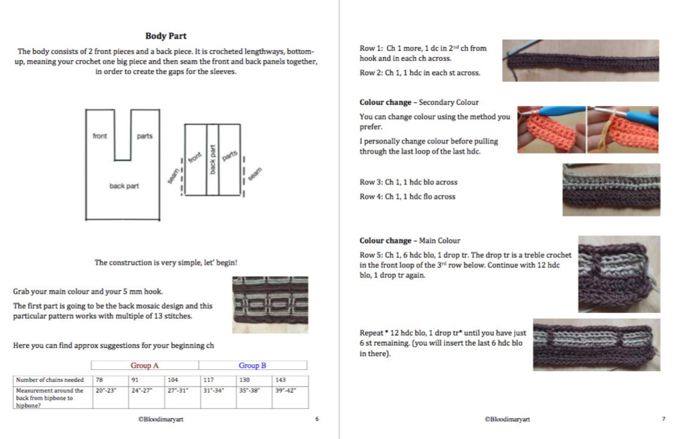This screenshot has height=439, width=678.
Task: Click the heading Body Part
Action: (165, 36)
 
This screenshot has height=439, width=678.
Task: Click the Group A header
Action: (145, 365)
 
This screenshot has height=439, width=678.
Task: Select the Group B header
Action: (253, 365)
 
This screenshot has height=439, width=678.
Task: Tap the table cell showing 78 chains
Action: (110, 380)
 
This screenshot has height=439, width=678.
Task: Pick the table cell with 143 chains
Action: (290, 380)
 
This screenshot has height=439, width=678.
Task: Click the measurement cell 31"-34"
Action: (218, 397)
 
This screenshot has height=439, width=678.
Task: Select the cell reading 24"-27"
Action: (146, 397)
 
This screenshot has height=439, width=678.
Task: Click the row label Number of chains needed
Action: (50, 380)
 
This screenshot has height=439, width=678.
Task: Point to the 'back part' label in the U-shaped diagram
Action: (124, 186)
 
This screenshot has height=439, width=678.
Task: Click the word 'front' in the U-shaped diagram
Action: (99, 136)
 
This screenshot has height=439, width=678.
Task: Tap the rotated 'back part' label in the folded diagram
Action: (212, 159)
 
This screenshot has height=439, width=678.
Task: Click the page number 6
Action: (317, 419)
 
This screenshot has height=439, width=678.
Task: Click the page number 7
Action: (664, 419)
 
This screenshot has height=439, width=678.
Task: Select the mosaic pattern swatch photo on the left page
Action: (270, 305)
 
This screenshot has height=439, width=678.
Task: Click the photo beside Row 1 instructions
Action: (580, 61)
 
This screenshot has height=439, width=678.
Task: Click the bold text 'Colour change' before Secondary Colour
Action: (385, 102)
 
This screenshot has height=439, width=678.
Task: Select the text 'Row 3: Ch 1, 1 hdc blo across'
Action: (408, 182)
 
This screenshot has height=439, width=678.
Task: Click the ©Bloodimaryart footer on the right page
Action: (507, 419)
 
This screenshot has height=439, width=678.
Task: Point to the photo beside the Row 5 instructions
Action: (619, 274)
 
